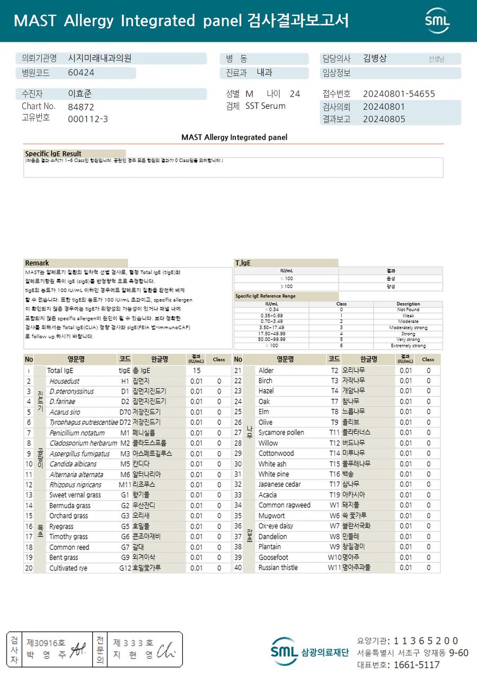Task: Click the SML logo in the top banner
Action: (437, 21)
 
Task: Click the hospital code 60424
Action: (81, 73)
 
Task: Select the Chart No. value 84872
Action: (81, 107)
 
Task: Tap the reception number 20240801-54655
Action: (399, 94)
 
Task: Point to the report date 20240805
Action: (384, 119)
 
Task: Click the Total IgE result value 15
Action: (197, 371)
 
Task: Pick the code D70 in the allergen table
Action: (125, 412)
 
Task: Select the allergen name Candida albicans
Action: (73, 464)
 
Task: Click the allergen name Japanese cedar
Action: (279, 485)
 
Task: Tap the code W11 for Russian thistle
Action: (334, 567)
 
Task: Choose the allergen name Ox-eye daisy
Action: (276, 526)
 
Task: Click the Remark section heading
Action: (37, 263)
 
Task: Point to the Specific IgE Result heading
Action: (53, 154)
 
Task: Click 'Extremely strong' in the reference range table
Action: (408, 346)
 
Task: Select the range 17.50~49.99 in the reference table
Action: (271, 334)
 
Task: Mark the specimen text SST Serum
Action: (266, 106)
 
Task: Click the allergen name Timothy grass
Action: (68, 537)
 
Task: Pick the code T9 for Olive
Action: (334, 423)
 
